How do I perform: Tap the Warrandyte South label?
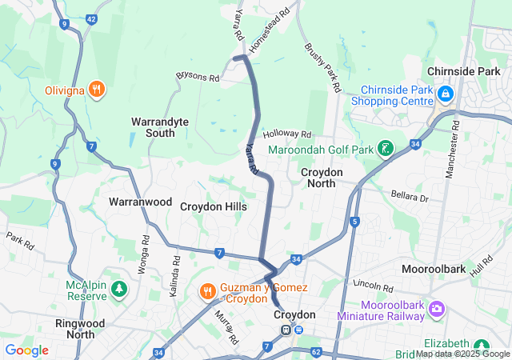click(160, 127)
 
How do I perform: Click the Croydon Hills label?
click(213, 206)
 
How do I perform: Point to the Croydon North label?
click(322, 178)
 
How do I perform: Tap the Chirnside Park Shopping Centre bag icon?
click(446, 96)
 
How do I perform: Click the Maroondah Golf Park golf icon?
click(386, 149)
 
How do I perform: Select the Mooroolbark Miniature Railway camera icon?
click(437, 308)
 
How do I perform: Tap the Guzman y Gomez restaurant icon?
click(206, 291)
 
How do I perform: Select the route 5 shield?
click(354, 221)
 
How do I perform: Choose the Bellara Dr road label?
click(410, 197)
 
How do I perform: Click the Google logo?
click(27, 350)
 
